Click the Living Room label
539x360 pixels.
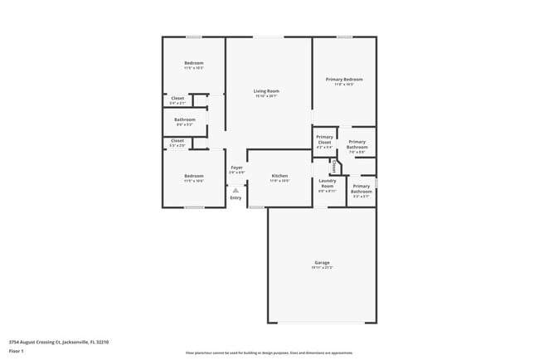266,90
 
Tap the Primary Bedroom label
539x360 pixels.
344,79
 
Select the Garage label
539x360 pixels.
322,262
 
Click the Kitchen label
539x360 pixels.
279,176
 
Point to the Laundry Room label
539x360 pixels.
327,182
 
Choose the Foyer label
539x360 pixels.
236,168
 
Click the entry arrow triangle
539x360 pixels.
236,190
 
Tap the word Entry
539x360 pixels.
236,197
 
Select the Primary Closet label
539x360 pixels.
324,139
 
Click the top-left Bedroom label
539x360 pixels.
193,63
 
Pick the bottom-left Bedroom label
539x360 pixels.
193,176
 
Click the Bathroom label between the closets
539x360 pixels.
184,119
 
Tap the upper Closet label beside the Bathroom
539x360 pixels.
177,98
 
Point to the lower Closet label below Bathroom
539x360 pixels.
177,141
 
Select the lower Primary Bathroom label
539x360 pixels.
361,188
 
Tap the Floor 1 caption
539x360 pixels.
17,351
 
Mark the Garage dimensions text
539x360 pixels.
322,268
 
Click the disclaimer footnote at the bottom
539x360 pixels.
269,353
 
